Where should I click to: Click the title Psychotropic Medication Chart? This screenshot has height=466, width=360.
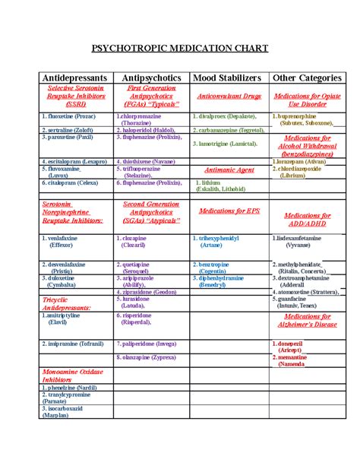(180, 48)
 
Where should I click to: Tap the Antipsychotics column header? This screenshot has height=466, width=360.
(153, 78)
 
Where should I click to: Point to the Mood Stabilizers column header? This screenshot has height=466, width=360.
(228, 78)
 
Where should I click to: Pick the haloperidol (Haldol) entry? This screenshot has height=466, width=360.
(148, 130)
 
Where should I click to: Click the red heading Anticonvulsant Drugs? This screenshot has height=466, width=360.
(229, 97)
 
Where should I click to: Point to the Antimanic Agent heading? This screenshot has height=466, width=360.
(224, 170)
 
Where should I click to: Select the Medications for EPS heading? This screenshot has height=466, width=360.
(229, 211)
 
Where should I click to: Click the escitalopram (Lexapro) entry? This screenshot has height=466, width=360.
(74, 162)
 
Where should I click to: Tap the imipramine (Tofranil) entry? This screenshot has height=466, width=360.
(75, 343)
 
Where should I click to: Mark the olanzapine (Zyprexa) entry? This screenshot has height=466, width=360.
(151, 357)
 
